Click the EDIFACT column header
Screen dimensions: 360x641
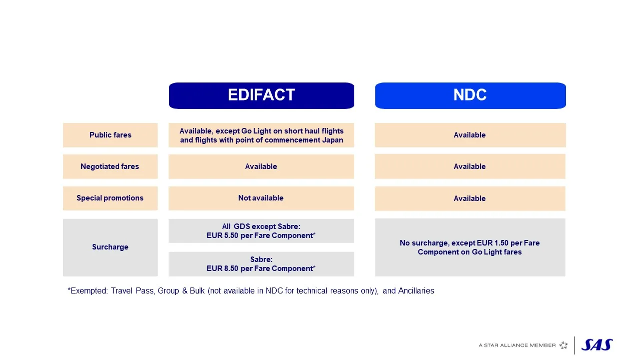click(x=261, y=95)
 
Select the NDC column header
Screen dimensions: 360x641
click(x=470, y=95)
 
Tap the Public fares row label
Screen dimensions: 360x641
click(x=110, y=135)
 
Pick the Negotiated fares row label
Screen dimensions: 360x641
click(x=110, y=166)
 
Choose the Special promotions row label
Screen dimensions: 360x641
click(x=110, y=198)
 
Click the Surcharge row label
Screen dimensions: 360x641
click(x=110, y=247)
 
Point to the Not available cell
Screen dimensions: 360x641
click(x=261, y=198)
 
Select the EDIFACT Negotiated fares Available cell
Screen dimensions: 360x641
click(x=261, y=166)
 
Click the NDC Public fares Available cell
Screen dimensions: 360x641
click(x=469, y=135)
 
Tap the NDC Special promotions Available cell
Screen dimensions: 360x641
click(x=469, y=198)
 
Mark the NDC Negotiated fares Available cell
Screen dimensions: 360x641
click(x=469, y=166)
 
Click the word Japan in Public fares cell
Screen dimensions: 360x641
click(x=332, y=140)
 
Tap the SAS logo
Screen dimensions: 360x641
click(x=597, y=345)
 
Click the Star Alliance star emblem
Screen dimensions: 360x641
click(x=563, y=345)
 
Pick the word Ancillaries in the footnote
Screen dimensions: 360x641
click(x=416, y=291)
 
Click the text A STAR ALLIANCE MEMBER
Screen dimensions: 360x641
click(x=517, y=345)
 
